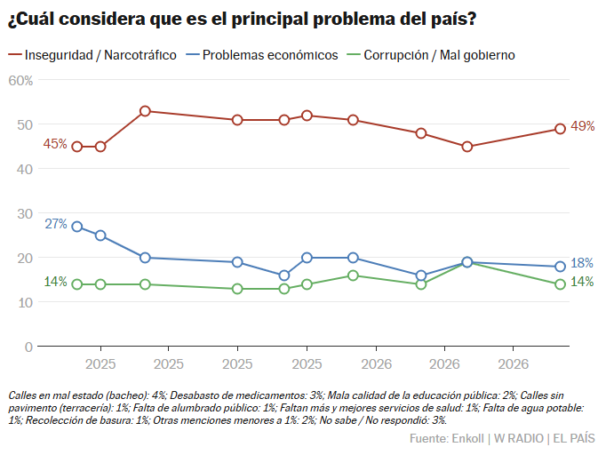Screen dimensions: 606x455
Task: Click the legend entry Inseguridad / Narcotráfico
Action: click(92, 55)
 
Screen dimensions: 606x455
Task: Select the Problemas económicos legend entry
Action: click(262, 55)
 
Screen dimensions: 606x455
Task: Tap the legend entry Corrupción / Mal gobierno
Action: click(431, 55)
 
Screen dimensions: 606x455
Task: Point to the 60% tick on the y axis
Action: click(20, 80)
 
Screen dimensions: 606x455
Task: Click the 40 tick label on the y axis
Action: click(24, 170)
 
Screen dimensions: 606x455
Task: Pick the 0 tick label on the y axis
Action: click(28, 347)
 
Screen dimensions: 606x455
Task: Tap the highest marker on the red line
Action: click(145, 111)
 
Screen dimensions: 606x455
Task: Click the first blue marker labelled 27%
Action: click(77, 227)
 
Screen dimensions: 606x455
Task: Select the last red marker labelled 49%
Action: click(560, 129)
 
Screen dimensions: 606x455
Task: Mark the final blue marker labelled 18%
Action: click(560, 267)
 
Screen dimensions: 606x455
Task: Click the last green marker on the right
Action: click(560, 284)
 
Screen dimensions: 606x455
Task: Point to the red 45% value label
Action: click(55, 144)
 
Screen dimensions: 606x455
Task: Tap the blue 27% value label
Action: click(56, 224)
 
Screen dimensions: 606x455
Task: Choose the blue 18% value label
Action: click(582, 263)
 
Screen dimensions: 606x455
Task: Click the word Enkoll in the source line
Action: click(467, 438)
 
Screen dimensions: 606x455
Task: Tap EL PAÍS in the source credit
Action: click(574, 438)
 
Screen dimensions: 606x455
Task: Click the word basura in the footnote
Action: click(116, 420)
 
